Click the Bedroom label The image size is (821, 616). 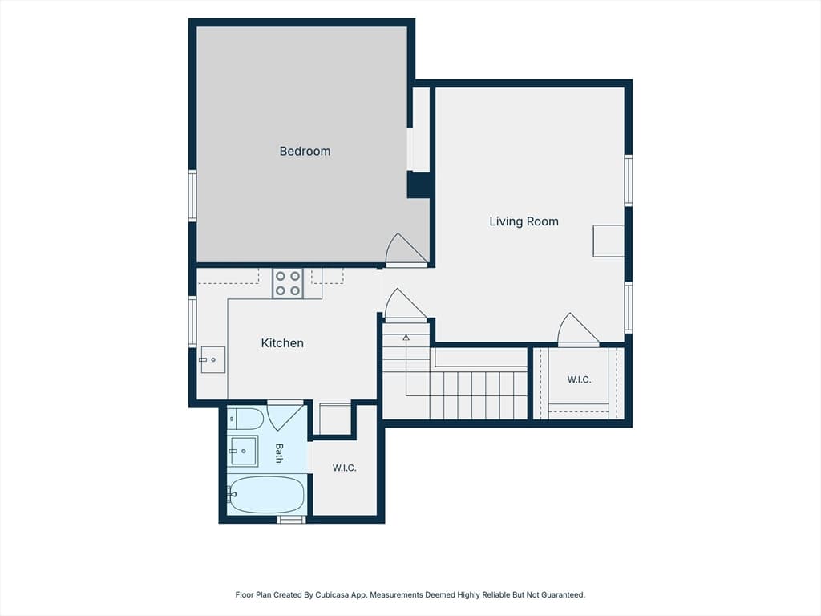[305, 152]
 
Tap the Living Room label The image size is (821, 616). [524, 221]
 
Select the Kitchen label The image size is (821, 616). [282, 343]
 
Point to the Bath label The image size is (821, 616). [279, 453]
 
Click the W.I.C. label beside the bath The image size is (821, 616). [344, 468]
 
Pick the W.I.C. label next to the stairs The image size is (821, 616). [579, 379]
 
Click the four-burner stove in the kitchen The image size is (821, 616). [288, 283]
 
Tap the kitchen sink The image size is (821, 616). [213, 360]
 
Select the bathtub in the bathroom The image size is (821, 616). [266, 494]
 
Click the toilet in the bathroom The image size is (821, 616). [245, 419]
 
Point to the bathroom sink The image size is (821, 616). [244, 451]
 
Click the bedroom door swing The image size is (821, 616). [406, 250]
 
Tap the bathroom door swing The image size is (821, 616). [285, 416]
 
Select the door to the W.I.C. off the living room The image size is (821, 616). [578, 330]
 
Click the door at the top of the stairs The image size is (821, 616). [405, 305]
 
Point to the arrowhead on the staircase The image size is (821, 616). [406, 338]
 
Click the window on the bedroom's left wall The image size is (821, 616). [192, 196]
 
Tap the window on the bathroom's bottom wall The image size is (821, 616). [290, 519]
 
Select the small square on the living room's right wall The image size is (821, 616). [609, 241]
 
